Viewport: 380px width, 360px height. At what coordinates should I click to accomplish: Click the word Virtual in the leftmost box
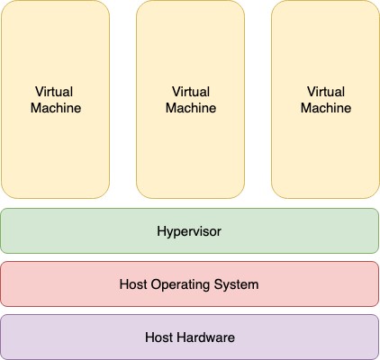coord(54,92)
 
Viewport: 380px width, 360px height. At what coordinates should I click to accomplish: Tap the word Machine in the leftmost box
coord(56,108)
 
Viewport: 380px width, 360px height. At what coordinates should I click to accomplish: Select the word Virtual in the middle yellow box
coord(191,92)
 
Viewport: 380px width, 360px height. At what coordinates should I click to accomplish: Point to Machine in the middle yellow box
coord(191,108)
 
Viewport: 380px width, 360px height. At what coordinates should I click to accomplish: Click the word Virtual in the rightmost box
coord(326,92)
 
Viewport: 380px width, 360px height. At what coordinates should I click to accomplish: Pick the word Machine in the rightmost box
coord(326,108)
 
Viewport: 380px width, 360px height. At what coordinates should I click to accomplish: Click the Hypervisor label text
coord(189,231)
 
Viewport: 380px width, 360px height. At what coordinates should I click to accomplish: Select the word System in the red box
coord(236,284)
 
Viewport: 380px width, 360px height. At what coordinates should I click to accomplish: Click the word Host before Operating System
coord(133,284)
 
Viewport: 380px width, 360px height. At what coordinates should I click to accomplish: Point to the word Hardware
coord(205,337)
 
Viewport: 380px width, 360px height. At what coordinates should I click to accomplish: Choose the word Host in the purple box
coord(158,337)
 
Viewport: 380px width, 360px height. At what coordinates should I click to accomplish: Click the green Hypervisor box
coord(190,230)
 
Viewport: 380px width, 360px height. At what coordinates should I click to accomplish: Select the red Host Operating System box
coord(190,283)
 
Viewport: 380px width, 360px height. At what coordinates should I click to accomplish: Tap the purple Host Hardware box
coord(190,337)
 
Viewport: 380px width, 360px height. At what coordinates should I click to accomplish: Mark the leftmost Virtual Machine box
coord(56,99)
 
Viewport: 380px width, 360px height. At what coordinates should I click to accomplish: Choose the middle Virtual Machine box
coord(191,99)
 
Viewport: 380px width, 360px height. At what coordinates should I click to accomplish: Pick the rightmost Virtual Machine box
coord(326,99)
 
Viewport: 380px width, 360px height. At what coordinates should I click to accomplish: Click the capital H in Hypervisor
coord(161,231)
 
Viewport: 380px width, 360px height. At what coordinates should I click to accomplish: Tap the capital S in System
coord(218,284)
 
